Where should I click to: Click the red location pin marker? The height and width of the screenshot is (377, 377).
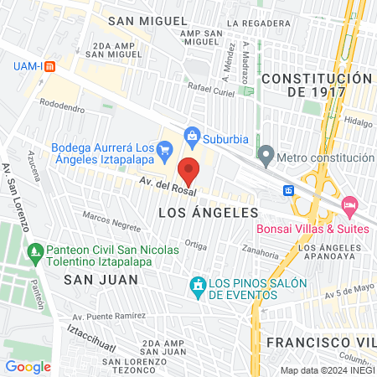point(189,170)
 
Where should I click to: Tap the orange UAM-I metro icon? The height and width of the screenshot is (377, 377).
point(49,66)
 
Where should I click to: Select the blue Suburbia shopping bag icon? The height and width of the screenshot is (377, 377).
point(192,134)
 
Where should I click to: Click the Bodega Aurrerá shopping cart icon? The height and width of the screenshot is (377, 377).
point(164,152)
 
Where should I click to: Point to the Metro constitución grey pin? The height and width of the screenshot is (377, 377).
point(266,155)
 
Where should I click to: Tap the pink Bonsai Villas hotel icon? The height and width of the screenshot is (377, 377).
point(349,205)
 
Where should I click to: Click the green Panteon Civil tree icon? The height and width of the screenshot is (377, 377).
point(35,250)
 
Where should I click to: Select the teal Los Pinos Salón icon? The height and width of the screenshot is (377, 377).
point(198,287)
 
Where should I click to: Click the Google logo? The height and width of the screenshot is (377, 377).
point(28,366)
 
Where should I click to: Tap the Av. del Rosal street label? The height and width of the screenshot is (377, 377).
point(156,184)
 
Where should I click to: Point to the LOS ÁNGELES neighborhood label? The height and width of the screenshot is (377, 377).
point(206,214)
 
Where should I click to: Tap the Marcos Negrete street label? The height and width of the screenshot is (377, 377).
point(111,221)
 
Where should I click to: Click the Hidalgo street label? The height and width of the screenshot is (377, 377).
point(357,121)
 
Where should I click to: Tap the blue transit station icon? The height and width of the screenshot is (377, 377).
point(288,190)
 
